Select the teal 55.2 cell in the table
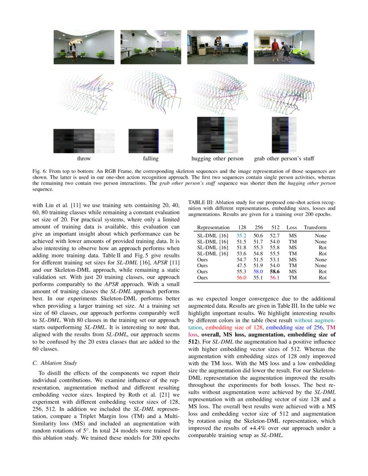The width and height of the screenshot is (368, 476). (241, 235)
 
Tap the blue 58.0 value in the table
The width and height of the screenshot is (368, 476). (258, 271)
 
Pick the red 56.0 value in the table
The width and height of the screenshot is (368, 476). (241, 277)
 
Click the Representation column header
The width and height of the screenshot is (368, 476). (213, 227)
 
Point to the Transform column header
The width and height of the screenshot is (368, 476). (315, 227)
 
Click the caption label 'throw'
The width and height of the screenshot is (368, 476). (84, 159)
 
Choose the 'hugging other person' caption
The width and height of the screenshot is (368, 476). (217, 159)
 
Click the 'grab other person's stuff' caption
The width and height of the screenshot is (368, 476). (284, 159)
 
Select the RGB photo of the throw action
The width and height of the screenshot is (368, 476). (84, 47)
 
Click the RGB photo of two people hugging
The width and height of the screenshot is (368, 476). (217, 47)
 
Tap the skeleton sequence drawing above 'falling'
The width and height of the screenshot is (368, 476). (150, 91)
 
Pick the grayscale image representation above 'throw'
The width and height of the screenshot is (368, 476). (84, 141)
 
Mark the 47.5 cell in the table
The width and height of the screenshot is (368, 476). (241, 265)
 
